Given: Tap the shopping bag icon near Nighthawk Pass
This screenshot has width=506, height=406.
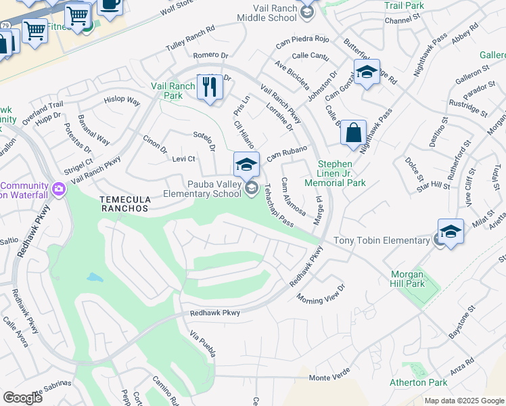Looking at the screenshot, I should (353, 133).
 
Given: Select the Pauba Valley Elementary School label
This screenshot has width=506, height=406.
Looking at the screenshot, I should (202, 188).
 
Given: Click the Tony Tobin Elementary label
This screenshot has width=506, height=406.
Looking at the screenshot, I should (382, 241).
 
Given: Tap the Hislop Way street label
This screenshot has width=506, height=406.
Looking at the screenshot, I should (122, 101).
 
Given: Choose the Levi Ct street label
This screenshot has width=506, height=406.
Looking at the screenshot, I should (183, 159).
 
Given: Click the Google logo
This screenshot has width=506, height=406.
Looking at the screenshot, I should (22, 398).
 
